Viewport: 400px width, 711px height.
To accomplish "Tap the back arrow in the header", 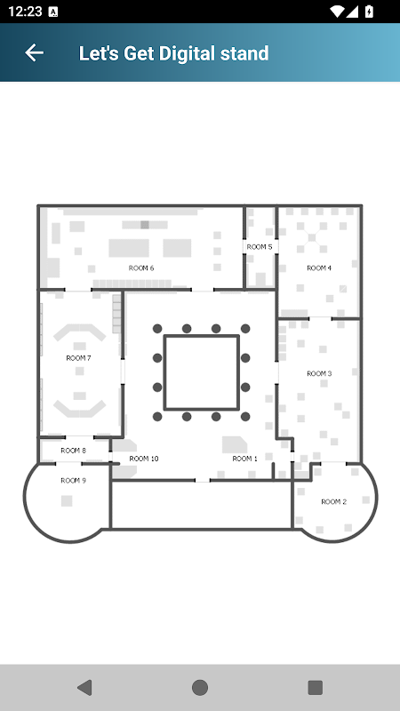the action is tap(34, 53).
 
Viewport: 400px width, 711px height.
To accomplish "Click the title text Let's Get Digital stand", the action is tap(173, 53).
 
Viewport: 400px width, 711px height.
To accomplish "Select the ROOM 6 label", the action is tap(141, 268).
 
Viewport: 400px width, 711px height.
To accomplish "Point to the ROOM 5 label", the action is tap(260, 247).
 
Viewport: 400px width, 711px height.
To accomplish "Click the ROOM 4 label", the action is tap(319, 268).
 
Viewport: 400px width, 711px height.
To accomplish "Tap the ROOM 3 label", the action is tap(319, 373).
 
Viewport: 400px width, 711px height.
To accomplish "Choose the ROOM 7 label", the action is tap(78, 358).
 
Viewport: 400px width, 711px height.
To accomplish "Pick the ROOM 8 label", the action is tap(73, 451).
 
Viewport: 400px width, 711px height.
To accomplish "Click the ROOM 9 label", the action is tap(73, 481).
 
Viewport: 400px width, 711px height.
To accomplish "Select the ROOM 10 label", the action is tap(144, 459).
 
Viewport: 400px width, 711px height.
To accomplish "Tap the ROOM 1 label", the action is tap(245, 459).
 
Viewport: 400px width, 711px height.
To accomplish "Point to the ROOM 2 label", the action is tap(334, 501).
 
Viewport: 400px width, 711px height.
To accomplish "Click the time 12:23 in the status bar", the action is tap(25, 12).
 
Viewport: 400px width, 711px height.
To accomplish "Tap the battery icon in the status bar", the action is tap(369, 12).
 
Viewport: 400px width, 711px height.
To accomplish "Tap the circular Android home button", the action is tap(199, 687).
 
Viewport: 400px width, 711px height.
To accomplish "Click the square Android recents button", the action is tap(316, 687).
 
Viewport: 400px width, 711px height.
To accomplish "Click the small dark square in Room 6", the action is tap(145, 225).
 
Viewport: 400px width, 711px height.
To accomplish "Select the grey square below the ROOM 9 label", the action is tap(67, 500).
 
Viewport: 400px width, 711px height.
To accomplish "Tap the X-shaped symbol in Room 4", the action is tap(313, 237).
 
